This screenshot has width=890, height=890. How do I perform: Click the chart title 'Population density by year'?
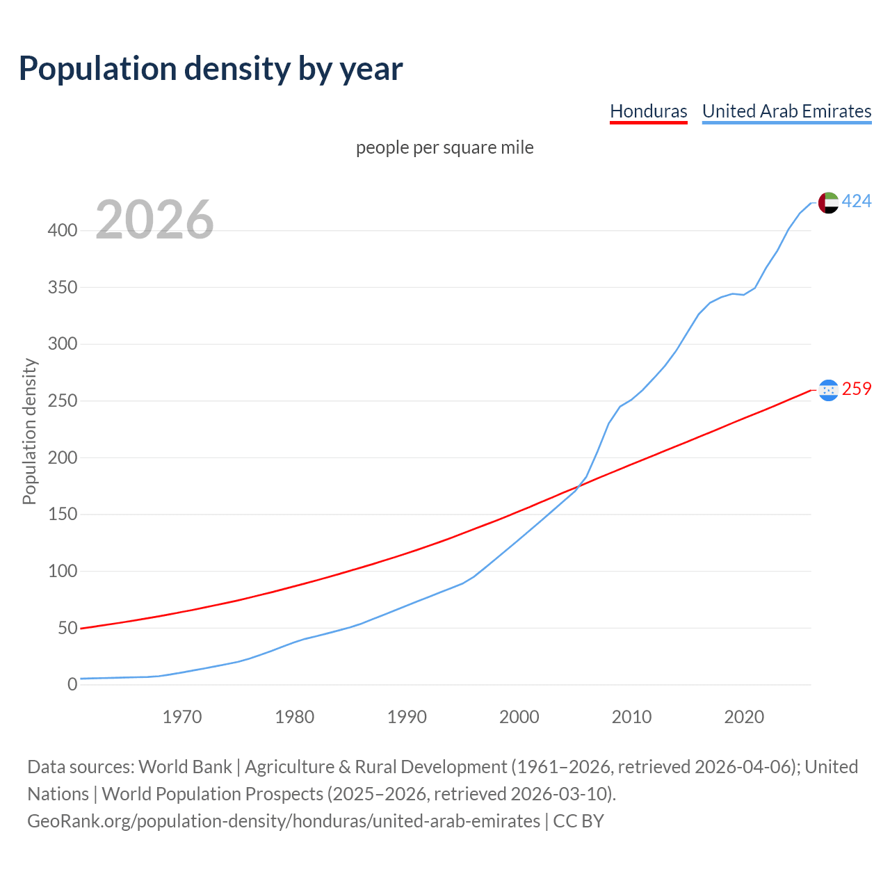tap(211, 68)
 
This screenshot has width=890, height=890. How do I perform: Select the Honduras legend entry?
tap(648, 111)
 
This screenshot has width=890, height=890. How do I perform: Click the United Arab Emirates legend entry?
tap(786, 111)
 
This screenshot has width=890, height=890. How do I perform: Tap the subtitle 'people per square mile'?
tap(444, 147)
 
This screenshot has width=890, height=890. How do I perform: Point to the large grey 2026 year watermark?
tap(154, 220)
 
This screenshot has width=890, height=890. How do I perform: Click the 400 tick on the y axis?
tap(63, 230)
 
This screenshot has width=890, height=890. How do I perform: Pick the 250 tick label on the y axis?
tap(63, 401)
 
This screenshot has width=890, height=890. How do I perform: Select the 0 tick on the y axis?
tap(72, 685)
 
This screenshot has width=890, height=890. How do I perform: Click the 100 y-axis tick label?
tap(63, 572)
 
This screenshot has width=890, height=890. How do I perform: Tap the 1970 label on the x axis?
tap(182, 717)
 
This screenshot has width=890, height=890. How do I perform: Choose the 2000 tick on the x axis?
tap(519, 717)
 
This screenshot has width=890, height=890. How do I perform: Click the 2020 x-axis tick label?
tap(744, 717)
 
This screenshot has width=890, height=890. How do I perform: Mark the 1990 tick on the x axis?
tap(407, 717)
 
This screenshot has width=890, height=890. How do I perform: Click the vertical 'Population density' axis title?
tap(29, 431)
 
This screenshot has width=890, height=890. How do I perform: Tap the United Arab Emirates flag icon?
tap(828, 202)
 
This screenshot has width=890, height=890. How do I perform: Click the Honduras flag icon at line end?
tap(828, 390)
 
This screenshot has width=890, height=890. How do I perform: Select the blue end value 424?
tap(857, 201)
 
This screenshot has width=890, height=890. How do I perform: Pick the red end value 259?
tap(857, 389)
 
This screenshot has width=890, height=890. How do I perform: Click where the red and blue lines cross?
tap(581, 484)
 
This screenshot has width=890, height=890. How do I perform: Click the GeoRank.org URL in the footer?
tap(284, 821)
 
